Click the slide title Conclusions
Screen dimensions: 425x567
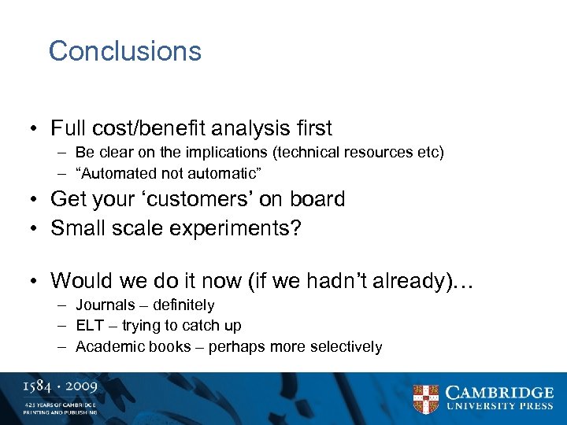[125, 51]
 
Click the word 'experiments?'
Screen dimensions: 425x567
[249, 228]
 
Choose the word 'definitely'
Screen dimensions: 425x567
[183, 305]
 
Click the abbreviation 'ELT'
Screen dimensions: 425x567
[89, 325]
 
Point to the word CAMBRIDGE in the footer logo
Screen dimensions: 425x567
[500, 392]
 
